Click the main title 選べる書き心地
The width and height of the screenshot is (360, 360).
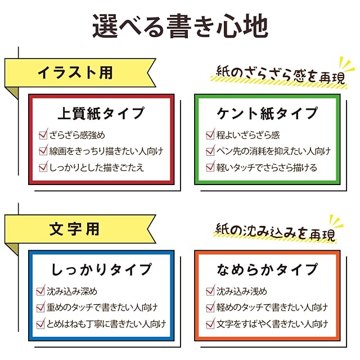pyautogui.click(x=180, y=26)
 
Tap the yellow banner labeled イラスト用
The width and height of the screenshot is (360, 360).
pyautogui.click(x=76, y=73)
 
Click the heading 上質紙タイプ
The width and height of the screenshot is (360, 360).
pyautogui.click(x=101, y=113)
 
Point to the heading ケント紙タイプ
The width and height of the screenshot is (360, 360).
pyautogui.click(x=267, y=113)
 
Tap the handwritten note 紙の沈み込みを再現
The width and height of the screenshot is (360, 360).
pyautogui.click(x=274, y=231)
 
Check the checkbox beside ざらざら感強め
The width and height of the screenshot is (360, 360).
pyautogui.click(x=43, y=135)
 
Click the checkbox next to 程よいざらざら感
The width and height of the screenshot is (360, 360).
pyautogui.click(x=210, y=135)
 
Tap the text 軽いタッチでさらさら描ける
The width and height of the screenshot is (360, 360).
pyautogui.click(x=267, y=167)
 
